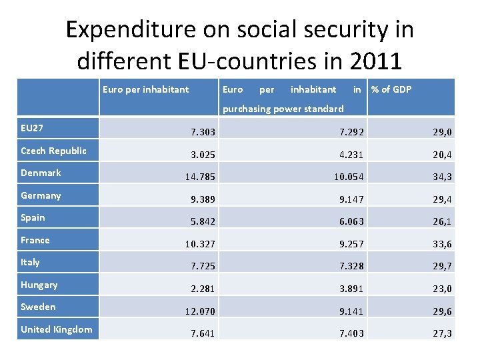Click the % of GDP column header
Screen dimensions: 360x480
click(391, 89)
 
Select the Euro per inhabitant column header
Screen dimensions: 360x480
click(145, 89)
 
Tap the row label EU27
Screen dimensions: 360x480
click(32, 127)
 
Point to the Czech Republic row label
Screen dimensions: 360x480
click(53, 150)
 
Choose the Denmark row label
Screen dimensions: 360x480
click(41, 173)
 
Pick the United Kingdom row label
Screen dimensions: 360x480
click(56, 329)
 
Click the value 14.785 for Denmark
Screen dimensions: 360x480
click(199, 177)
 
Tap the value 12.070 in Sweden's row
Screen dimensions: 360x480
click(199, 311)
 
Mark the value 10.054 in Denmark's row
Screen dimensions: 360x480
click(349, 177)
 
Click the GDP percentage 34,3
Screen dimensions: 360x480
click(441, 177)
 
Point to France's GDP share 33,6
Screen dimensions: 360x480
click(441, 244)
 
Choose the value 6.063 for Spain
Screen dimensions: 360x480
click(351, 222)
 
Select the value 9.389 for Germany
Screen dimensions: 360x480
click(203, 199)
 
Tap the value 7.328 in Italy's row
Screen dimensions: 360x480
click(351, 267)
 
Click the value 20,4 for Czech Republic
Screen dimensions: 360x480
click(441, 155)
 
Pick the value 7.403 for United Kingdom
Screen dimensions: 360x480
click(351, 333)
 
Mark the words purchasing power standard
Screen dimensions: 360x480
click(283, 108)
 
